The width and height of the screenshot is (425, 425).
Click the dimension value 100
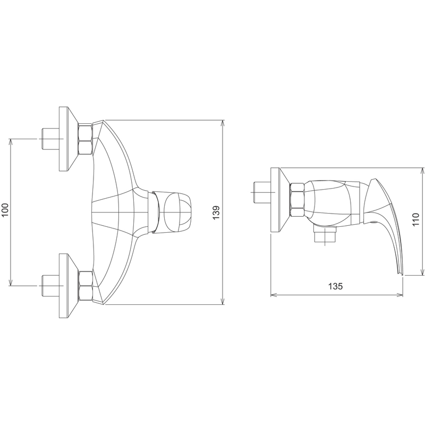point(6,210)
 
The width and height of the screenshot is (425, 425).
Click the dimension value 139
point(217,213)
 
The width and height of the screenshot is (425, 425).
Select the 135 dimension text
point(335,286)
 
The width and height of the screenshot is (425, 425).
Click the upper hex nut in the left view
point(86,139)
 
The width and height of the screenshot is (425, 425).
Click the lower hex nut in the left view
point(86,285)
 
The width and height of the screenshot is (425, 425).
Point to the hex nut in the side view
point(297,200)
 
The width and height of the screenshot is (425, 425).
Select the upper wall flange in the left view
point(69,139)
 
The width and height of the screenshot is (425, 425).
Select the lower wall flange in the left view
point(69,286)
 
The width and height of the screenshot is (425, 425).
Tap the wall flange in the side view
point(280,200)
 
